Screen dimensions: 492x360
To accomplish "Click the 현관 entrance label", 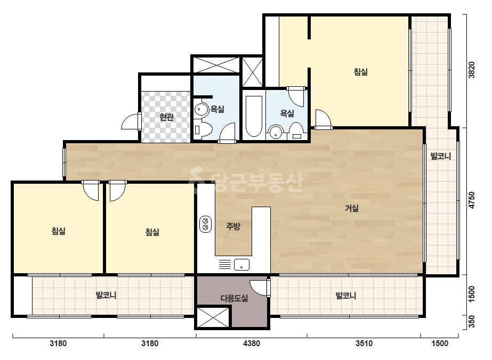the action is click(166, 117).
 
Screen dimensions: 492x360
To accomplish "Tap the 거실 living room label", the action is click(352, 208).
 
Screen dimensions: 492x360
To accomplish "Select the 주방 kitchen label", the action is click(233, 226).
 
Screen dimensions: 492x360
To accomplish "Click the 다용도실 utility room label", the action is click(235, 298).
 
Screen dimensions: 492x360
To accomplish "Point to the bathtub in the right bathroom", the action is click(254, 116).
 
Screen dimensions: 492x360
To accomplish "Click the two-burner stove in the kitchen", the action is click(206, 224).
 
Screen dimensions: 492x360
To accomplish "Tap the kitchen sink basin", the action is click(241, 265).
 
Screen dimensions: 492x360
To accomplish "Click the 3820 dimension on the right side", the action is click(471, 70).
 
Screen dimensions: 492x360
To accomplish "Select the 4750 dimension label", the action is click(471, 200).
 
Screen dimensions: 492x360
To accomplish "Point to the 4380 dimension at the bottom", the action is click(252, 343).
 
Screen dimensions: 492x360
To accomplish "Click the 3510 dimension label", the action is click(364, 343).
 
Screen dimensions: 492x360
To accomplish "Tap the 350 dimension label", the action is click(471, 322).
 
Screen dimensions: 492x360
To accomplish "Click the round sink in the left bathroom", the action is click(201, 110).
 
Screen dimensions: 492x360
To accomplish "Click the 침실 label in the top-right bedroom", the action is click(360, 72).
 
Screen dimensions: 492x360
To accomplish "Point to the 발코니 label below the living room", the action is click(346, 296).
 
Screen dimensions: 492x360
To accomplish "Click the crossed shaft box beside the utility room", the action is click(213, 317).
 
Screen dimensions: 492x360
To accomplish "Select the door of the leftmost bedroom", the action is click(91, 190).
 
